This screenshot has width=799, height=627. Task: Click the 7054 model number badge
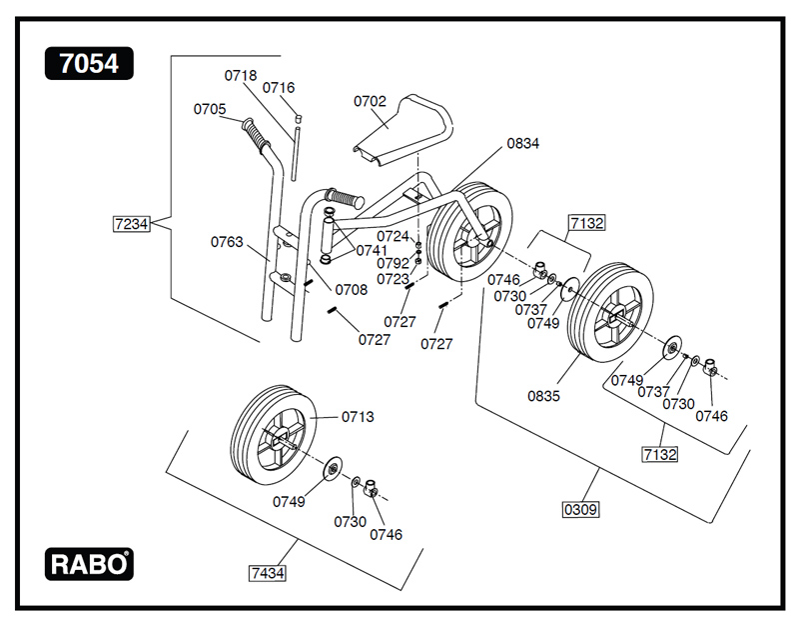click(89, 64)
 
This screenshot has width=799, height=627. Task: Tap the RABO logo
click(89, 564)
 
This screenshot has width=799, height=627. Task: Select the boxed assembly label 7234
click(131, 224)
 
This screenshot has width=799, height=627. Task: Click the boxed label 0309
click(580, 509)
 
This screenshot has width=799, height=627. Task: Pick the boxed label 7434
click(267, 572)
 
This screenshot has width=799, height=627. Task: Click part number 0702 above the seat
click(370, 101)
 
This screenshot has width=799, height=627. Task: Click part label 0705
click(210, 109)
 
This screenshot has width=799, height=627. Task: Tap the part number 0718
click(240, 75)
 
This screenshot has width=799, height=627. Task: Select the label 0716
click(279, 88)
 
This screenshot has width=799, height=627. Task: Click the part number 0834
click(522, 144)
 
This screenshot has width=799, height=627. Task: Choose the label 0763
click(227, 241)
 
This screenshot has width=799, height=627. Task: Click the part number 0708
click(351, 290)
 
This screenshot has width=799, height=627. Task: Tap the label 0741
click(372, 250)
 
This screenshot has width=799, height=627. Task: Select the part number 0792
click(393, 263)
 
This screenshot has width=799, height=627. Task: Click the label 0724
click(393, 236)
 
